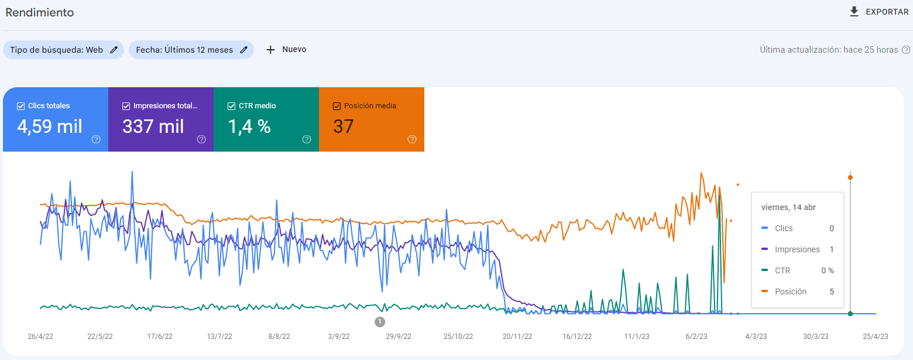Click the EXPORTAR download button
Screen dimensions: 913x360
point(878,12)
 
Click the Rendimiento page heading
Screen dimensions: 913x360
point(40,12)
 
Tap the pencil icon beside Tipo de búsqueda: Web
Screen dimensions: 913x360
point(114,50)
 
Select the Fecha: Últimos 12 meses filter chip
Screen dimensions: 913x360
point(191,50)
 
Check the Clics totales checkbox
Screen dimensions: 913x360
point(21,106)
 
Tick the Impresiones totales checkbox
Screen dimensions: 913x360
point(126,106)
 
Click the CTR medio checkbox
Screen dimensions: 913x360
point(232,106)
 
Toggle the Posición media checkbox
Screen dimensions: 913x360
point(337,106)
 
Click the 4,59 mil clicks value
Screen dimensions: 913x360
point(50,126)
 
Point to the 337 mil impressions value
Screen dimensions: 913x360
point(153,126)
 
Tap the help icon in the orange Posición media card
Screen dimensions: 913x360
point(412,139)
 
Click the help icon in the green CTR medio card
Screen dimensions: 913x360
point(307,139)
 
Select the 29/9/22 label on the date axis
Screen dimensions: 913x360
point(399,337)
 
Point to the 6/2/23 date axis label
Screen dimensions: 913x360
point(696,337)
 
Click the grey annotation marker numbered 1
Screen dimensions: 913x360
point(380,322)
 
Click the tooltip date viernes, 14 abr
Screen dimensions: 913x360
point(788,207)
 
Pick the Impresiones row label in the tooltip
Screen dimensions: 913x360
point(797,249)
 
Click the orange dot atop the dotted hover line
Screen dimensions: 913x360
point(850,177)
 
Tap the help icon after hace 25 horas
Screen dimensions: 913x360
point(905,50)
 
